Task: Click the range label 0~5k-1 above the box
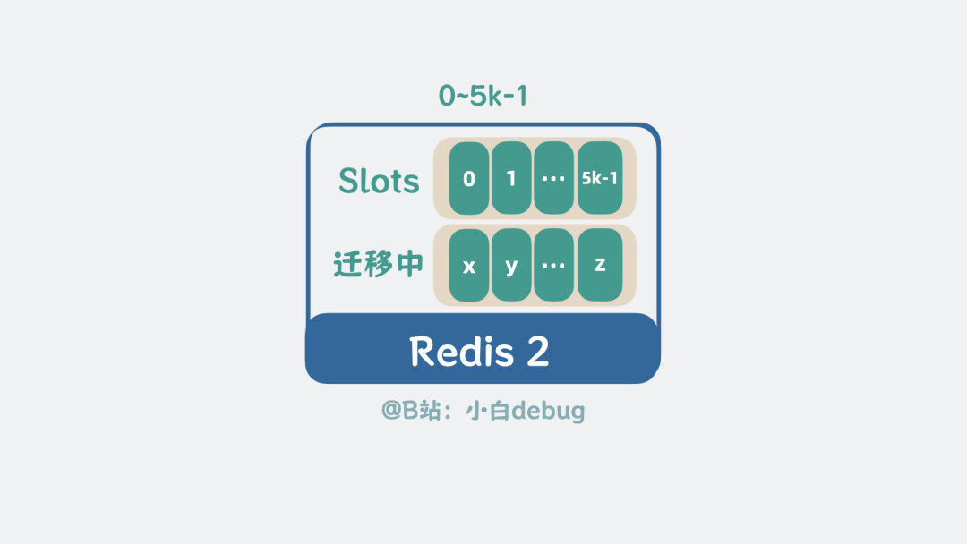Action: pos(483,96)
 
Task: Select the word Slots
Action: pos(379,181)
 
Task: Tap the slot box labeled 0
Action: pos(469,178)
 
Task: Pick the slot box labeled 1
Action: pos(511,178)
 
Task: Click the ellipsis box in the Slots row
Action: pos(554,178)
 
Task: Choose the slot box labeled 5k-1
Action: pos(600,178)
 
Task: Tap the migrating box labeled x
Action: pos(469,266)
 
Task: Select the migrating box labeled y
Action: pos(511,266)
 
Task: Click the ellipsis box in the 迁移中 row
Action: pos(554,266)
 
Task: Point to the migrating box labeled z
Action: pos(600,266)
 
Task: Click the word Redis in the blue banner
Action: pos(461,351)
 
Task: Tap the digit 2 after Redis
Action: pos(538,351)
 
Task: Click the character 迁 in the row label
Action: pos(348,265)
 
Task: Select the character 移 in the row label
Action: pos(379,265)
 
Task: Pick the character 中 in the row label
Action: pos(409,265)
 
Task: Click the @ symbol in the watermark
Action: pos(391,411)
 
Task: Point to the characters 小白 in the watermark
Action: pos(487,411)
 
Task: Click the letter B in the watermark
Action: pos(410,410)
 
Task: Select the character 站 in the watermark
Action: pos(430,411)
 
